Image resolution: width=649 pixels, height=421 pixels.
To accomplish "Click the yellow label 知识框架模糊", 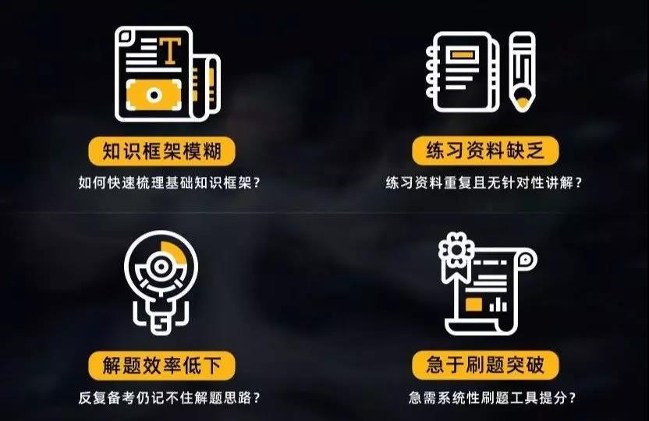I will click(x=161, y=150).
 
